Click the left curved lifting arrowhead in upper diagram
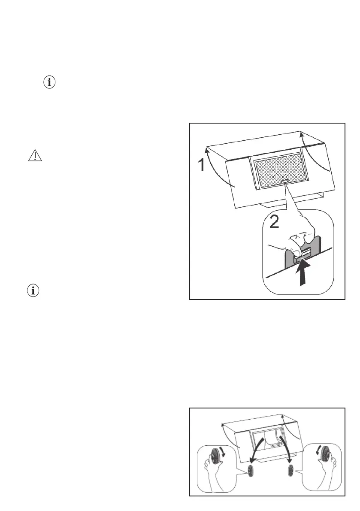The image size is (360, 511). pos(208,150)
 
